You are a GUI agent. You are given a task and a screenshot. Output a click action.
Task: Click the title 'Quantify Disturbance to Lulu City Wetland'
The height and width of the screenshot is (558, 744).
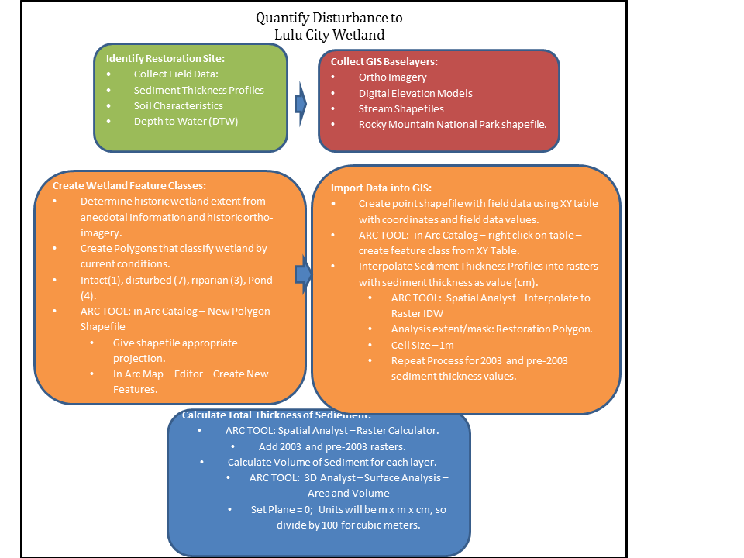(x=329, y=26)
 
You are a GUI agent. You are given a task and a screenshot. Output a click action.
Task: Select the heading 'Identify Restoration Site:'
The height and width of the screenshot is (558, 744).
(x=165, y=59)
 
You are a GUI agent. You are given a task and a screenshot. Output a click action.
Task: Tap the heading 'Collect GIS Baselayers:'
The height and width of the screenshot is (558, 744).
(x=384, y=62)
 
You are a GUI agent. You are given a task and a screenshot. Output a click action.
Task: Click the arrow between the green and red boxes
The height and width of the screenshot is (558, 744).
(x=301, y=104)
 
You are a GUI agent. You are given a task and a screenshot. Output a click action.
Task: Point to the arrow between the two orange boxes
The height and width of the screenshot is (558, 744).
(x=303, y=274)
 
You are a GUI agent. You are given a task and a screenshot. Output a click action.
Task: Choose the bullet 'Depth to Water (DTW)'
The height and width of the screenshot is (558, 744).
(x=185, y=121)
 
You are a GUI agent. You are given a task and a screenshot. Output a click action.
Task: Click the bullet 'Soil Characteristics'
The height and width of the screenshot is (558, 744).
(x=178, y=105)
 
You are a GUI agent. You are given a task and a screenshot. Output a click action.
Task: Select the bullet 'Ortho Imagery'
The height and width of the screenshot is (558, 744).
(x=392, y=77)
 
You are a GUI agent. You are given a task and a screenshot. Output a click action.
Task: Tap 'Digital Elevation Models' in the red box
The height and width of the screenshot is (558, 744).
(x=415, y=93)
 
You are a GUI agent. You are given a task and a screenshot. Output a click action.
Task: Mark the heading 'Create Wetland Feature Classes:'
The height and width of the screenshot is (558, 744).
(x=129, y=185)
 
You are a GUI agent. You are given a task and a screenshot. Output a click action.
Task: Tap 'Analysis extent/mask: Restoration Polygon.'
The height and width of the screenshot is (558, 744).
(x=491, y=329)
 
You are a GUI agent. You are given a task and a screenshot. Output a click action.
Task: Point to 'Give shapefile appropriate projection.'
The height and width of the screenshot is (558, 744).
(x=175, y=350)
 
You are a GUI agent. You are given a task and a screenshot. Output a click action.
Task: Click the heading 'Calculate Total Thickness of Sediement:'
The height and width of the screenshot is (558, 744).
(x=277, y=415)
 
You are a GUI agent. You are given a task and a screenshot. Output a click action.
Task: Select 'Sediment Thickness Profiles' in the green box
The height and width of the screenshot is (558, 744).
(x=198, y=90)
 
